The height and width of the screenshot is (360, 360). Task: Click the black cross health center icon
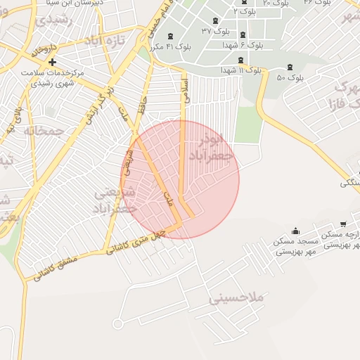(52, 63)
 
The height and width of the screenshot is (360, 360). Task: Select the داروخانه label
(43, 51)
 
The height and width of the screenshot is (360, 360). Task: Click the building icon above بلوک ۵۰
(290, 67)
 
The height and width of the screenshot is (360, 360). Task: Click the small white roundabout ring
(117, 323)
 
